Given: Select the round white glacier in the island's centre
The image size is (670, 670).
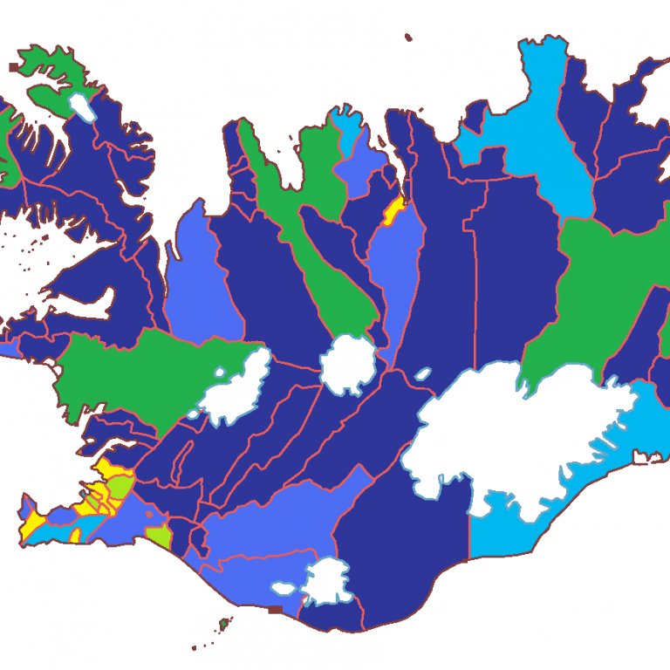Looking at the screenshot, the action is coord(349,365).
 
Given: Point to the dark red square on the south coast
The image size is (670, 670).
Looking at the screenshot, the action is coord(276,609).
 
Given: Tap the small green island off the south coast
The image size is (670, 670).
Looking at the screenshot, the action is coord(224,623).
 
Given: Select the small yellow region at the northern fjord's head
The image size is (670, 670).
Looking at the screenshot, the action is coord(393,209).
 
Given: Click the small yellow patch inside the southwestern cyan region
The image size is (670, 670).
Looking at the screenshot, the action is coord(75,533).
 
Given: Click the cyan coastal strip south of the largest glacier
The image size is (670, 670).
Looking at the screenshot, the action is coord(515,528).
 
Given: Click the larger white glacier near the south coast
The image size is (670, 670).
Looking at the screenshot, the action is coord(327,582).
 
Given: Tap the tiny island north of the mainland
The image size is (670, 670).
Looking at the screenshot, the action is coord(408,38).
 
